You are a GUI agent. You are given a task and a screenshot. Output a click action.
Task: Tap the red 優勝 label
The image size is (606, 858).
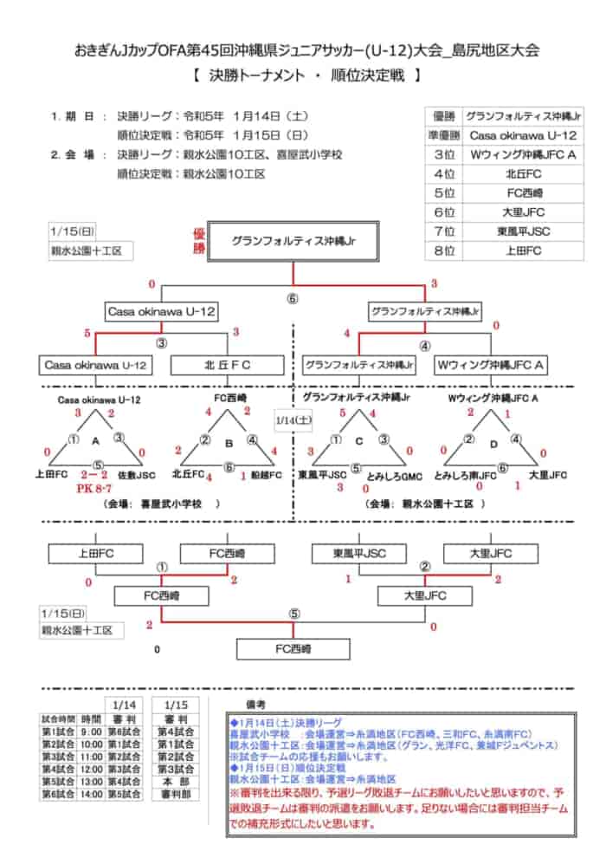[197, 242]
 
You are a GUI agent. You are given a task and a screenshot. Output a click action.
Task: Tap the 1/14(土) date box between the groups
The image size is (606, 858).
[287, 419]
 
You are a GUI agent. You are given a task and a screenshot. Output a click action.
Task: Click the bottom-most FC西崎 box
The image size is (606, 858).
[293, 649]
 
